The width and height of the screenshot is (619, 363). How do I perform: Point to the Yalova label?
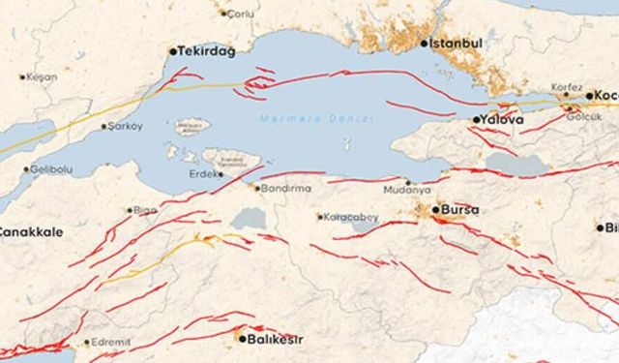(501, 120)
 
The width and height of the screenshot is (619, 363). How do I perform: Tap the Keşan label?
(42, 76)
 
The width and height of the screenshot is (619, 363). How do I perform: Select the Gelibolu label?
(53, 168)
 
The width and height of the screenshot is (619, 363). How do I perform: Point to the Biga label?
(145, 209)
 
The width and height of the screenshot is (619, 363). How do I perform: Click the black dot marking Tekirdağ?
(173, 51)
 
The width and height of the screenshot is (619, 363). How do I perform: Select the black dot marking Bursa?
(434, 209)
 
